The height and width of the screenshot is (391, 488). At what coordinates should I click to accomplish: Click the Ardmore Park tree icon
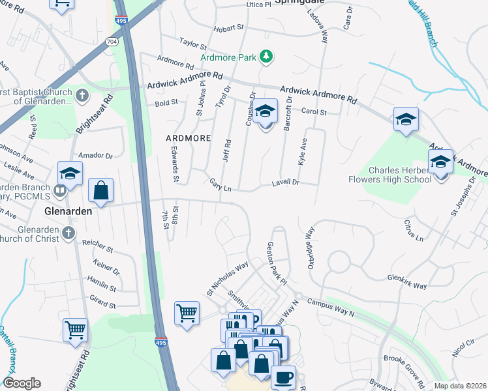tap(266, 57)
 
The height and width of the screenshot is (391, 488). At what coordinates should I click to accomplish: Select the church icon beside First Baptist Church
tap(81, 96)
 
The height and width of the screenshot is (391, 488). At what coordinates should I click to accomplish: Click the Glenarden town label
tap(68, 212)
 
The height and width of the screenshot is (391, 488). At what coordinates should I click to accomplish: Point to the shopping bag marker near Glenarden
tap(100, 190)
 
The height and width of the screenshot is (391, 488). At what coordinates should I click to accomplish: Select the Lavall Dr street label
tap(285, 183)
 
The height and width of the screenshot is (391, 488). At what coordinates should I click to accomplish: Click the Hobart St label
tap(229, 28)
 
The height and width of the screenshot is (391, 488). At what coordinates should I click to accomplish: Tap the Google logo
tap(22, 383)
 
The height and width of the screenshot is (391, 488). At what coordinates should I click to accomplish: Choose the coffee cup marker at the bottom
tap(283, 377)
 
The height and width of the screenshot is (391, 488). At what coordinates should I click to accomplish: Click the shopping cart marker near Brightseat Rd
tap(75, 329)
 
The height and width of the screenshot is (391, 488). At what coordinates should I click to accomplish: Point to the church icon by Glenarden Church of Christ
tap(68, 233)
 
